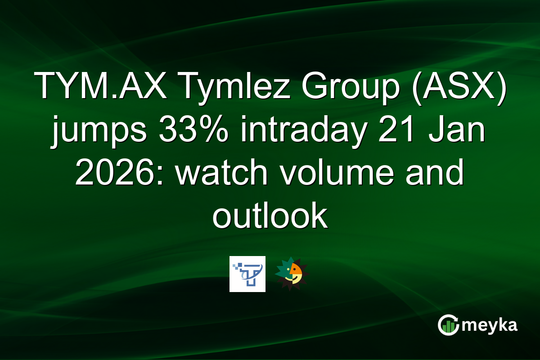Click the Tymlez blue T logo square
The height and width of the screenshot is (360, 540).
coord(247,274)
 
